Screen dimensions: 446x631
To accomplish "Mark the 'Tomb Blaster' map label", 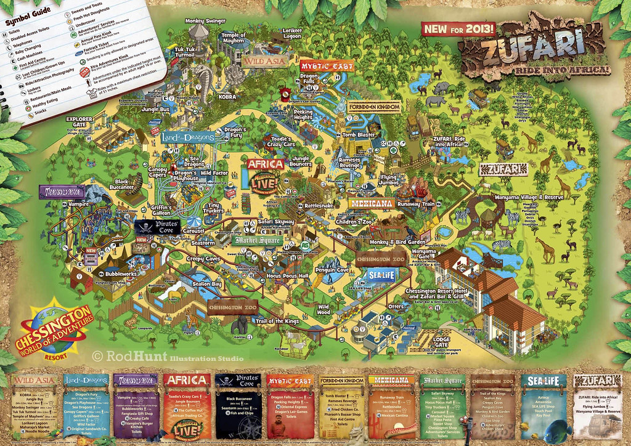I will (359, 135).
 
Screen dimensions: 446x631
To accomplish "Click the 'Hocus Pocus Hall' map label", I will (287, 277).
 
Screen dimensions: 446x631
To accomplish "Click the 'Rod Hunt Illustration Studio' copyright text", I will (168, 356).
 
